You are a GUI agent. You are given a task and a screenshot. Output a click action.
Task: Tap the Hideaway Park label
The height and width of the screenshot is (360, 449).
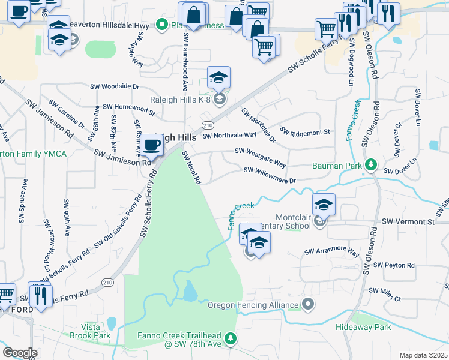pos(364,327)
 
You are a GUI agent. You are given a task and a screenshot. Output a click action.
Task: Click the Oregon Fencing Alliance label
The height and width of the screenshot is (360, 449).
pos(253,305)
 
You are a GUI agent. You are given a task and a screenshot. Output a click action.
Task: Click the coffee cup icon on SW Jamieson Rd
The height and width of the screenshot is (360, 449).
pos(152,145)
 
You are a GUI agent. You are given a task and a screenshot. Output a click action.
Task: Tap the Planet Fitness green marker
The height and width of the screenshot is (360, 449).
pos(161,25)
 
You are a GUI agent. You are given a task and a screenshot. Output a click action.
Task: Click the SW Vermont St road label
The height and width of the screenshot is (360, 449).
pos(408,222)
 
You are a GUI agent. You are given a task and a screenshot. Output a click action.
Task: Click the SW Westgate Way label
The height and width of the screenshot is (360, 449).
pos(260,157)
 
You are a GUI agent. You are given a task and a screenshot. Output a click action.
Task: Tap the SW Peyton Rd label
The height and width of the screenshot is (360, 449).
pos(394,265)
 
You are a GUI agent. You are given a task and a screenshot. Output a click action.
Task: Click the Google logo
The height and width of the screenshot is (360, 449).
pos(20,352)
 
